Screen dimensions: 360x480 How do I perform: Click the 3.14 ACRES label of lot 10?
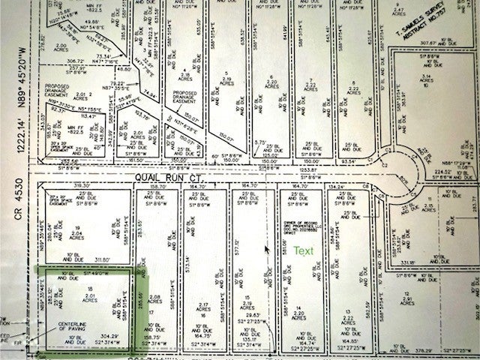pos(427,79)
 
